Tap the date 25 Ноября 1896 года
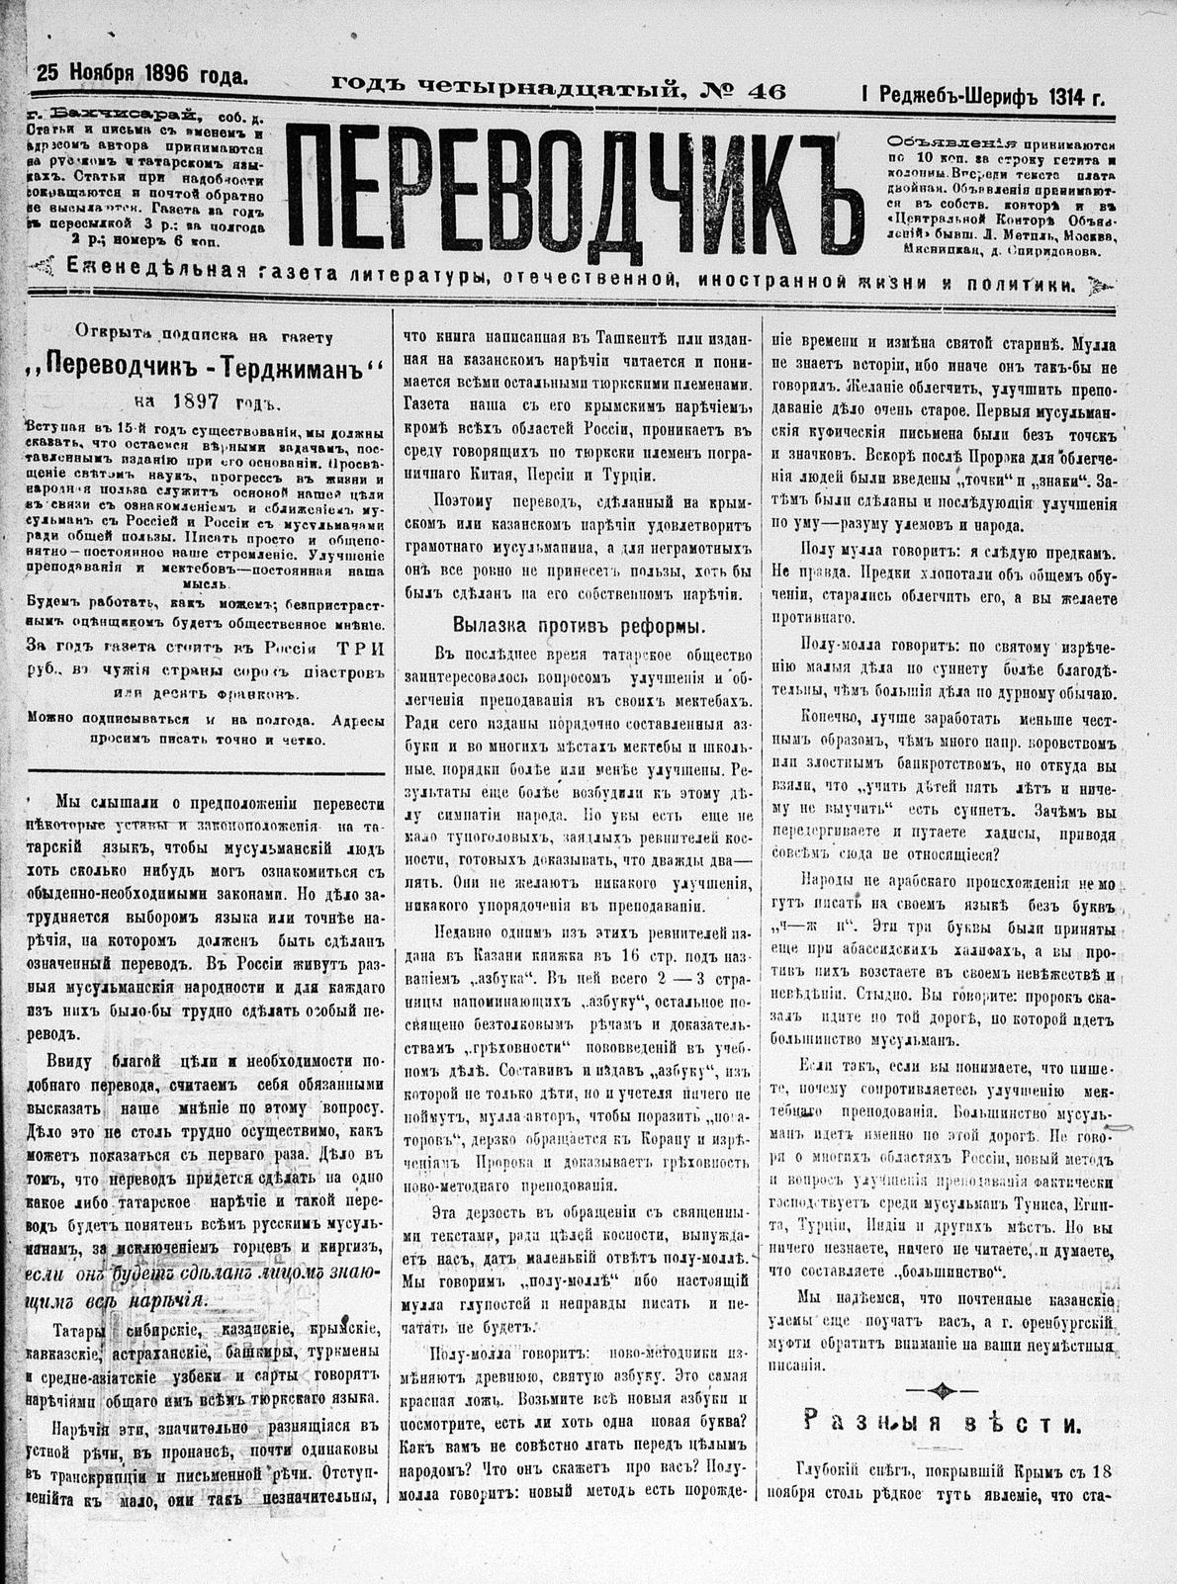click(142, 73)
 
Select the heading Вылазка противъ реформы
click(579, 625)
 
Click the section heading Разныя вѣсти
click(941, 1423)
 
